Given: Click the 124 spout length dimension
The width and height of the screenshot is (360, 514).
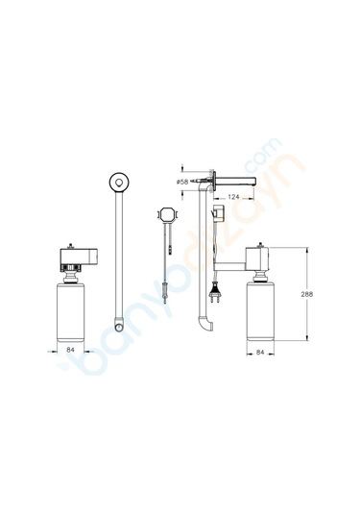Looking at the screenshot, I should point(234,199).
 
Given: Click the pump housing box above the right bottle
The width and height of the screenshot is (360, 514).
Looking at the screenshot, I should point(261,257).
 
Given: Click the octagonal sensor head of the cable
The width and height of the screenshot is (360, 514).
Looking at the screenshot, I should point(166,216).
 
